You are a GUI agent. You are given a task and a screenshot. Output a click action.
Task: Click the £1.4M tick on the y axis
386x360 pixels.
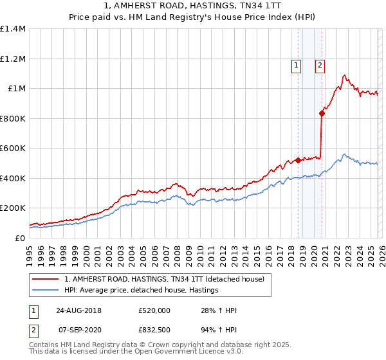(x=13, y=29)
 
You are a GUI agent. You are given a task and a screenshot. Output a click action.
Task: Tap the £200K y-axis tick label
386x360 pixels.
(x=13, y=208)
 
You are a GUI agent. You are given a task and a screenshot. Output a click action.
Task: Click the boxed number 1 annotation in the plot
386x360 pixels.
(x=296, y=64)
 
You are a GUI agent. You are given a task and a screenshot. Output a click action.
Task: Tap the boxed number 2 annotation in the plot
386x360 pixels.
(x=320, y=64)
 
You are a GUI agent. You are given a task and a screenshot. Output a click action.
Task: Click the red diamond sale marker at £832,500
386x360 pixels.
(x=322, y=114)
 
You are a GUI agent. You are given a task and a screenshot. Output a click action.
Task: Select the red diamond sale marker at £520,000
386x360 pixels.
(x=298, y=161)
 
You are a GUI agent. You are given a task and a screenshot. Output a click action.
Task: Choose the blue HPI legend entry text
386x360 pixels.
(x=142, y=291)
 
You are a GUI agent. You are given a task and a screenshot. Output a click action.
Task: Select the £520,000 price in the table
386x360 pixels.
(x=154, y=310)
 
